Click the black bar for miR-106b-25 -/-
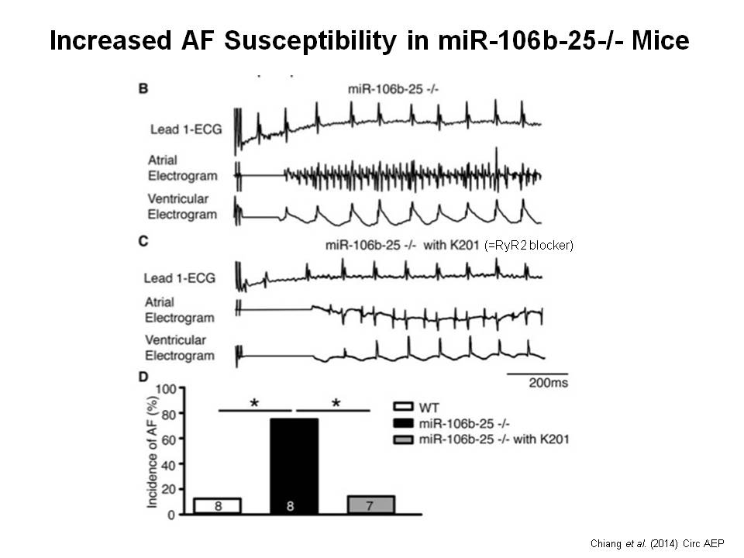pyautogui.click(x=294, y=465)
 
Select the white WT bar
pyautogui.click(x=217, y=505)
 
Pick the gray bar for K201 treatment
pyautogui.click(x=371, y=505)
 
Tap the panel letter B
pyautogui.click(x=143, y=90)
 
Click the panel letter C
pyautogui.click(x=143, y=242)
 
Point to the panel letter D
pyautogui.click(x=143, y=377)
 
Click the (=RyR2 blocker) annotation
pyautogui.click(x=528, y=246)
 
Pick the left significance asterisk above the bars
pyautogui.click(x=253, y=404)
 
